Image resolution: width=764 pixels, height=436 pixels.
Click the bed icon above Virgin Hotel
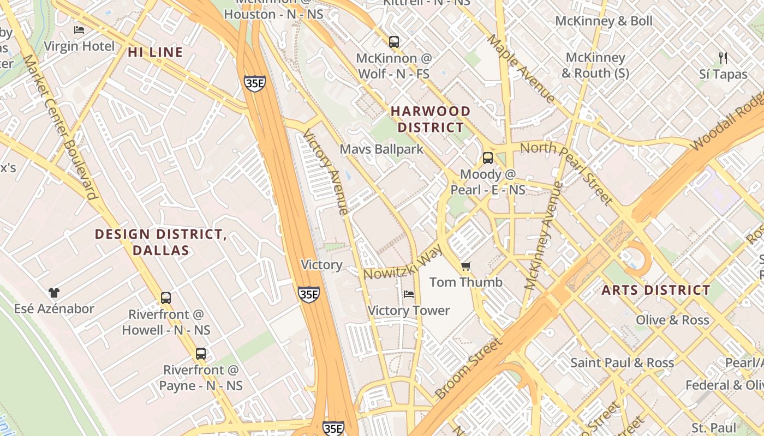79,30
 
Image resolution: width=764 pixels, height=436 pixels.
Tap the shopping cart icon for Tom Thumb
465,267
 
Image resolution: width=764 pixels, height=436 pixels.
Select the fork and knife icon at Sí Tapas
723,58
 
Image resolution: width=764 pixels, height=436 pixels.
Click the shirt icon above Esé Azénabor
53,293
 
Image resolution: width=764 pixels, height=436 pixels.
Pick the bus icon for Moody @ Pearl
487,158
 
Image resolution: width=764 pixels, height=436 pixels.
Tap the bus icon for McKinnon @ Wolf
393,41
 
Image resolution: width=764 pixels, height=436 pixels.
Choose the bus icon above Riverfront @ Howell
166,298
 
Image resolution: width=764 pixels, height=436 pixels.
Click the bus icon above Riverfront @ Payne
201,353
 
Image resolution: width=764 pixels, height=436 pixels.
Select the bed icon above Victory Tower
408,294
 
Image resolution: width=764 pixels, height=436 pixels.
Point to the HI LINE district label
156,52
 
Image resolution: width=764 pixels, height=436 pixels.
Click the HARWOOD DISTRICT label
431,119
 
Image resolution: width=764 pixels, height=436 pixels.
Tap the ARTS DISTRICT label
656,290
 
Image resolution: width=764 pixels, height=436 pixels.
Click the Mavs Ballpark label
381,149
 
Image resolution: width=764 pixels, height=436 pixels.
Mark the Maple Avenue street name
521,69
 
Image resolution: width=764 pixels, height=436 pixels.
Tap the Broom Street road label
468,369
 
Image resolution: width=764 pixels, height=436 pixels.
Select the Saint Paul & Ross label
622,362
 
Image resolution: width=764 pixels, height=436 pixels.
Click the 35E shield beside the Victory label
309,294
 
